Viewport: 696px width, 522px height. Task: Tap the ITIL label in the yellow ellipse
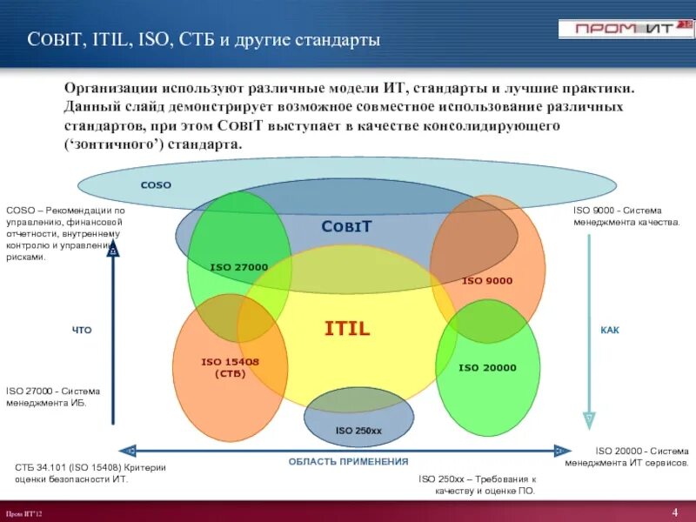point(347,329)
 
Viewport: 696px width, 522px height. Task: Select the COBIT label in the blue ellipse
point(346,226)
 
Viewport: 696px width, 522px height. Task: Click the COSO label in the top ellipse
point(157,184)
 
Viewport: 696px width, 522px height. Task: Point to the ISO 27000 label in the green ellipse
point(238,266)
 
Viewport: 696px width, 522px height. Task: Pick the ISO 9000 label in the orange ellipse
point(487,280)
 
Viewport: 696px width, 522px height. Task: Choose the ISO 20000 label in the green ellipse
point(487,367)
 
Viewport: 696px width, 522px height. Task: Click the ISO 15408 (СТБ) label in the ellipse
point(230,367)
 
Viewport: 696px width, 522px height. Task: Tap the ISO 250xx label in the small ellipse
point(358,431)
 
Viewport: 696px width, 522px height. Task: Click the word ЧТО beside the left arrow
point(81,331)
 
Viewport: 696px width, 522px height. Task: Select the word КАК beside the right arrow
point(610,331)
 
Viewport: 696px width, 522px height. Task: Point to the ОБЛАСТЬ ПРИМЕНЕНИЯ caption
point(348,462)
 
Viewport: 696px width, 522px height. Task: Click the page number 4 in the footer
point(674,511)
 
